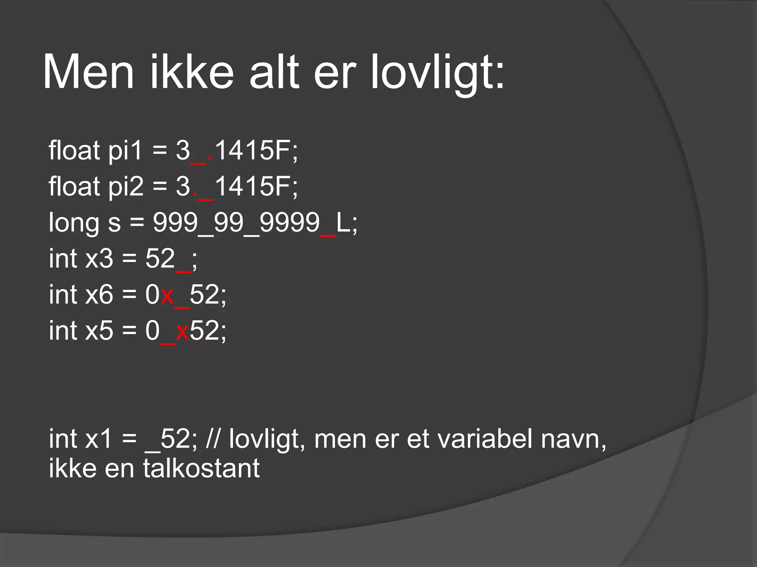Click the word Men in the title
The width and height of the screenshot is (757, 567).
(88, 72)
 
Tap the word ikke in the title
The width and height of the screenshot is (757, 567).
(191, 72)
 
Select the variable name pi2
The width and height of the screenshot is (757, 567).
(126, 186)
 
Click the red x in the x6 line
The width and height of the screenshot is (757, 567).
(167, 295)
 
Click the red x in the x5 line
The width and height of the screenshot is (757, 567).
(182, 331)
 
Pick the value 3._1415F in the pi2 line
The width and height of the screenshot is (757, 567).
(237, 186)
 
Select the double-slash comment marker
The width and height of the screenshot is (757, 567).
(213, 439)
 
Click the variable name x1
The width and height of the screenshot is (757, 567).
(98, 439)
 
